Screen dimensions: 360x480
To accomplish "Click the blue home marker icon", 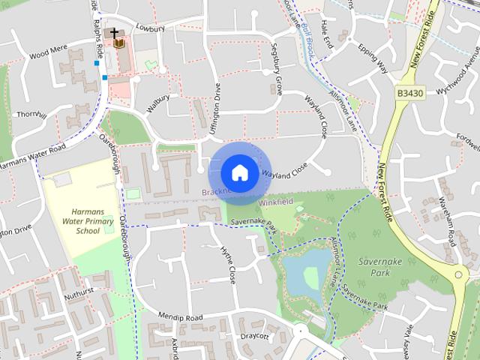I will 238,172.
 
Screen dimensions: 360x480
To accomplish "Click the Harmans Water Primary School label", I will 88,221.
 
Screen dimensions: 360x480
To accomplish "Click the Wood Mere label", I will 49,55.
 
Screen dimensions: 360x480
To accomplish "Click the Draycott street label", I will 256,336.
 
